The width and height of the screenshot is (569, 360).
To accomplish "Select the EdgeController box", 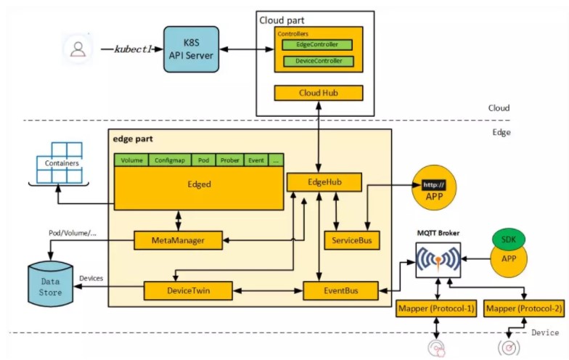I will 317,45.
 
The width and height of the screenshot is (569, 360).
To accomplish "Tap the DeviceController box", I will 317,61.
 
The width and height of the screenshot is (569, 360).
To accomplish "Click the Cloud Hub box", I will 318,93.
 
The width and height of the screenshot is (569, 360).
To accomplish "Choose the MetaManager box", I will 178,240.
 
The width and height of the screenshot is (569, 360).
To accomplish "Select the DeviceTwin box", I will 187,291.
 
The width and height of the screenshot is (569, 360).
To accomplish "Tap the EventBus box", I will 340,291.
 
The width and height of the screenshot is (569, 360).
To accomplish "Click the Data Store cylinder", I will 51,285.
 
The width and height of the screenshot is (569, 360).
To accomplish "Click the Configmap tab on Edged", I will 170,160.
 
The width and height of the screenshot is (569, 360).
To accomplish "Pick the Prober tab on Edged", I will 230,160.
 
